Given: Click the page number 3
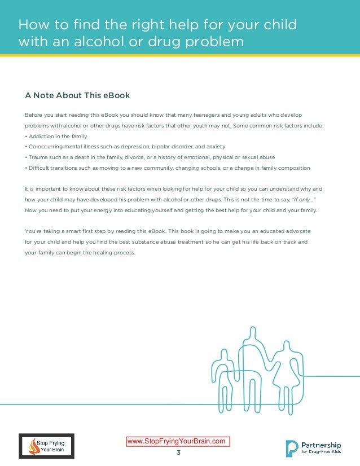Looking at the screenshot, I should point(179,452).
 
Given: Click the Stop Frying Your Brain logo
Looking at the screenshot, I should point(46,446).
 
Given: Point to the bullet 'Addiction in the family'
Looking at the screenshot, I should point(56,136).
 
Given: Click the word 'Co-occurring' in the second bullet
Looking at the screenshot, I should point(45,146).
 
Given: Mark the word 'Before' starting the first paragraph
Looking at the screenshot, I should point(34,115).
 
